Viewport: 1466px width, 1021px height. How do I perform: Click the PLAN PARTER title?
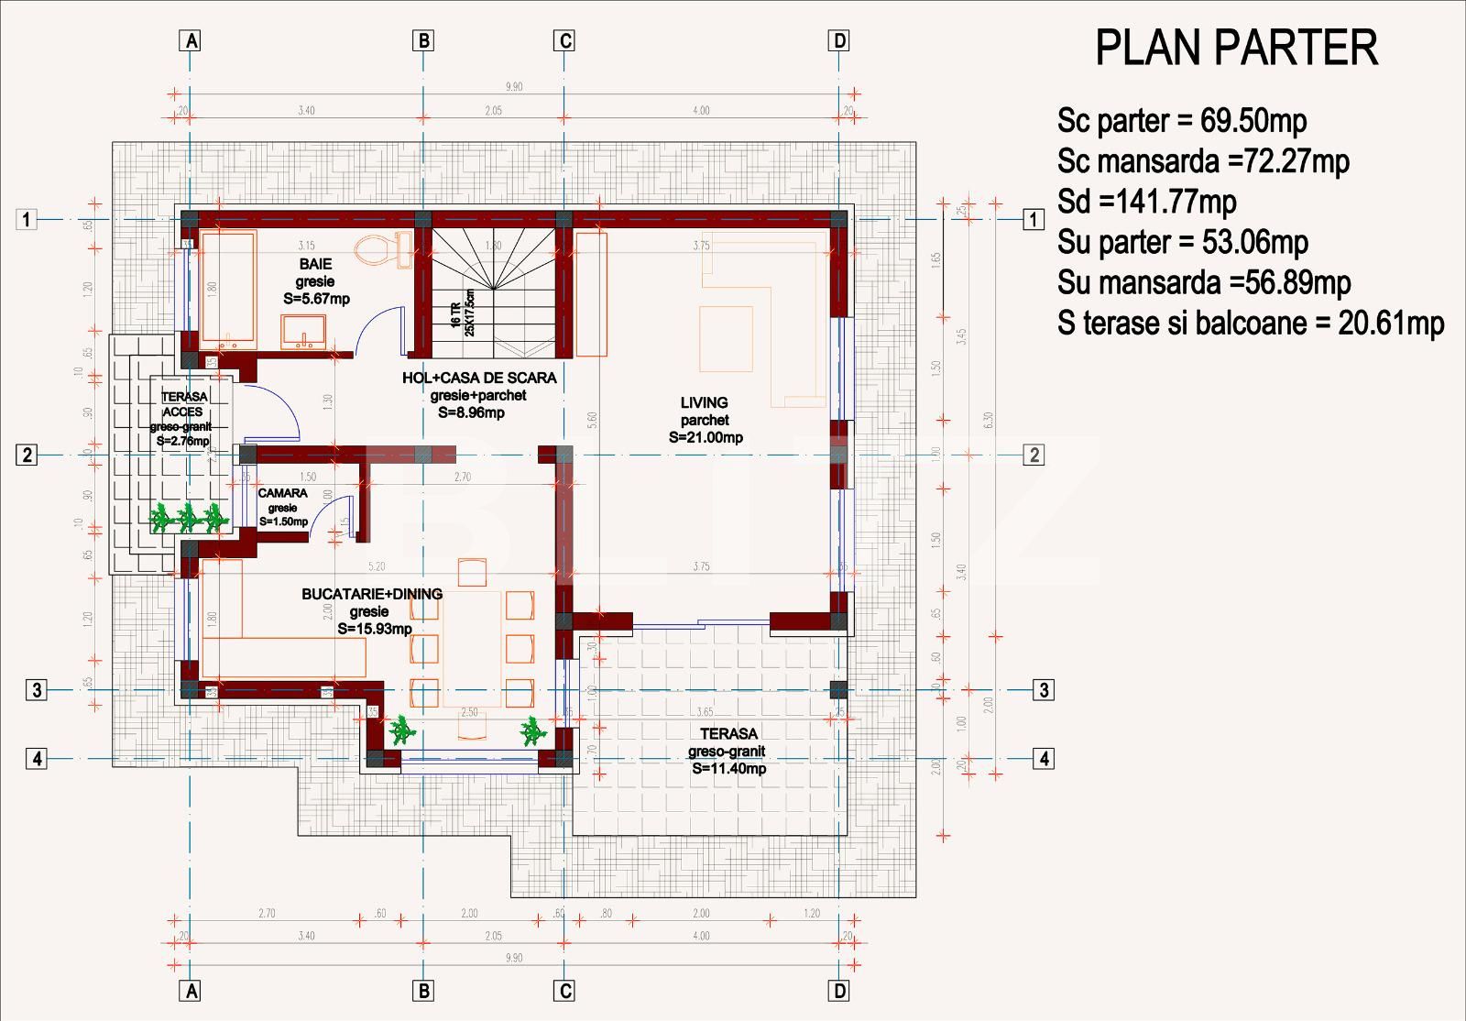tap(1236, 48)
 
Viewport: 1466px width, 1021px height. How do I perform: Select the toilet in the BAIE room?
tap(385, 248)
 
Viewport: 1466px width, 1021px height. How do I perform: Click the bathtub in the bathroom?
tap(229, 289)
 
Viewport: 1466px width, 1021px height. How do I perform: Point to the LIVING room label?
tap(704, 402)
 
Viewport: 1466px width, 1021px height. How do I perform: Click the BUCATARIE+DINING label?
tap(372, 594)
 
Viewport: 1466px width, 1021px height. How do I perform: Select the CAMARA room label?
tap(282, 493)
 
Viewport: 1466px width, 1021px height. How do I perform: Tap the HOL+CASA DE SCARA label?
tap(479, 378)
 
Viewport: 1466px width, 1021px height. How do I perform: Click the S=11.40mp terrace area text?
tap(729, 768)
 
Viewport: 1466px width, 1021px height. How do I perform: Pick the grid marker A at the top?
tap(191, 40)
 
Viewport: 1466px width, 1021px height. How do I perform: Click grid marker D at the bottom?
tap(838, 991)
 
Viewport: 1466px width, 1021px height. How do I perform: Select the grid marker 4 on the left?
tap(37, 759)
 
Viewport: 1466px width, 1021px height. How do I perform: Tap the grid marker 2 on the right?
tap(1034, 455)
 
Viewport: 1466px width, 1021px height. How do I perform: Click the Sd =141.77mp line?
tap(1146, 202)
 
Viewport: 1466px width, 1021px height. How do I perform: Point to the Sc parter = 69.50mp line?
tap(1181, 121)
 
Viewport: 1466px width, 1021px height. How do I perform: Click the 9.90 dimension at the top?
tap(514, 87)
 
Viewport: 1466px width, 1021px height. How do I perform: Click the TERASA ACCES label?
tap(184, 404)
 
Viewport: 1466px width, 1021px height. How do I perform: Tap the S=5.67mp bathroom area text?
tap(316, 299)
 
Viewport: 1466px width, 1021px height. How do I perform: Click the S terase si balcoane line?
tap(1250, 324)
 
